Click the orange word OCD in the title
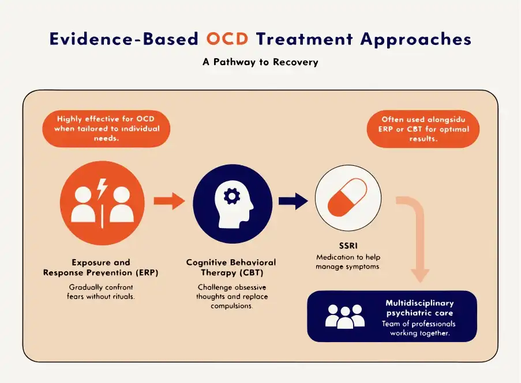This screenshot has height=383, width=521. pos(227,39)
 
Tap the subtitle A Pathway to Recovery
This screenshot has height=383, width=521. pos(261,62)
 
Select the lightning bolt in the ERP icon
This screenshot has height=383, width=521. pos(102,189)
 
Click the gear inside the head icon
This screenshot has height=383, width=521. pos(232,196)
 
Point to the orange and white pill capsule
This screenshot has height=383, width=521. pos(347,198)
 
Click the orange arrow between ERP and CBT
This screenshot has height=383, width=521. pos(169,201)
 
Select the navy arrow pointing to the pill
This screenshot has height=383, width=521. pos(293,201)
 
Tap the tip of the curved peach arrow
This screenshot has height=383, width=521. pos(421,282)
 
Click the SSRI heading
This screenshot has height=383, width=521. pos(348,246)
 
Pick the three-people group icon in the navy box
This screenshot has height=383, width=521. pos(345,316)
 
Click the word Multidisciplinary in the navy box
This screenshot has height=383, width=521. pos(419,303)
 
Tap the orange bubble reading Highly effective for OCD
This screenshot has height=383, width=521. pos(106,128)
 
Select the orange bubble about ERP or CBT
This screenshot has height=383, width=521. pos(423,129)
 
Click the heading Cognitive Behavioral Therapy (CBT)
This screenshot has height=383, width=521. pos(231,268)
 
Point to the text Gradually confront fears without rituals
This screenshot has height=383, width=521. pos(100,292)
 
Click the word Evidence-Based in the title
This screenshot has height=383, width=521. pos(124,39)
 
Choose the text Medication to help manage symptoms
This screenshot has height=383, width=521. pos(348,262)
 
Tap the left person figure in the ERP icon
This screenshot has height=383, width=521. pos(83,204)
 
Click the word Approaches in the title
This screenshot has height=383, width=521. pos(416,39)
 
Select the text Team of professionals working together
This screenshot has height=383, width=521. pos(419,328)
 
